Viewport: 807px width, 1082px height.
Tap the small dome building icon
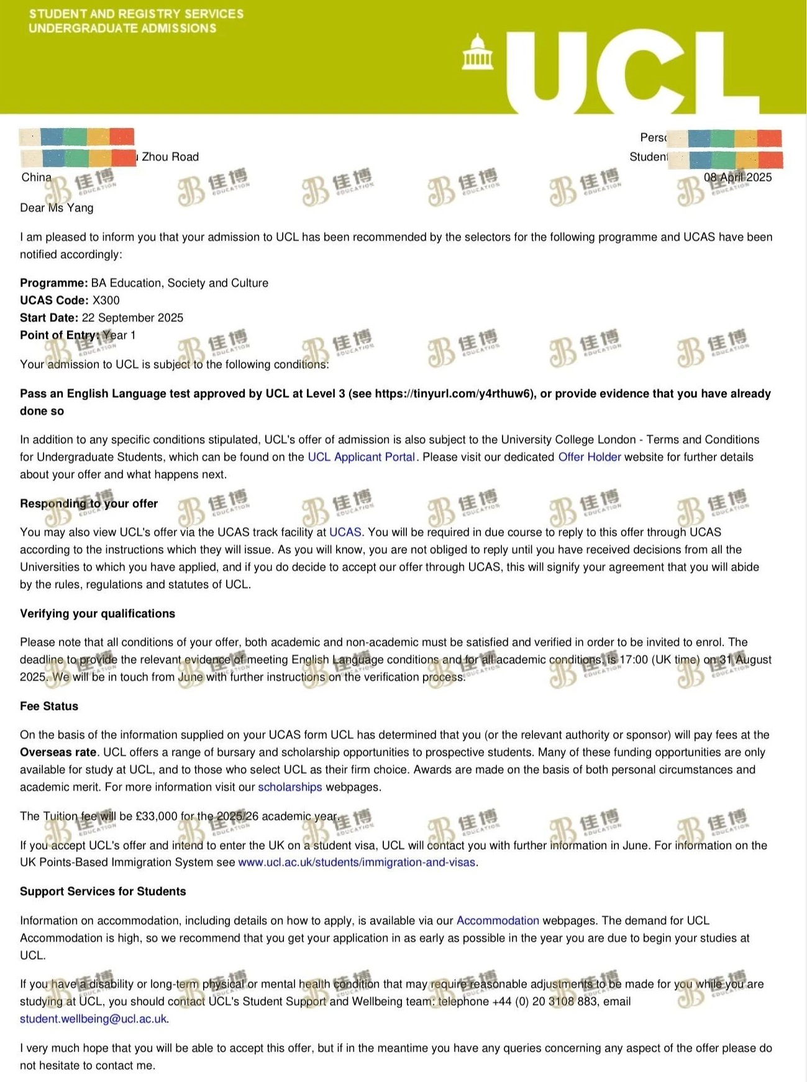(x=478, y=52)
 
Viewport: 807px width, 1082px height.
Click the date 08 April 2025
(x=737, y=177)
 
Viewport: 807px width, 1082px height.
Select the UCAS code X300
(x=106, y=300)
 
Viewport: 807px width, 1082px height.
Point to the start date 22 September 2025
(x=132, y=318)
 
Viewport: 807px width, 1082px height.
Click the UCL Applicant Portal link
(x=361, y=457)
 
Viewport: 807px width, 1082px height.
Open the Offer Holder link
(x=589, y=457)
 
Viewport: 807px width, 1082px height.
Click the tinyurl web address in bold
(x=454, y=393)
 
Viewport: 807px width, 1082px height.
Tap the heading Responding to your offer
(x=89, y=503)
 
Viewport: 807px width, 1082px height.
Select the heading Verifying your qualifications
(x=98, y=613)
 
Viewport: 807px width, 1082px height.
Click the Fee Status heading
(x=49, y=706)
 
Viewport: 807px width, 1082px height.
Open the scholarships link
(x=290, y=787)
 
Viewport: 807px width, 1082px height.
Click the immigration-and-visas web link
(x=357, y=862)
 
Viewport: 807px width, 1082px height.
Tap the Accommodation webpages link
(x=498, y=920)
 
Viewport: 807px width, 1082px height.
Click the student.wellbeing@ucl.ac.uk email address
(x=93, y=1019)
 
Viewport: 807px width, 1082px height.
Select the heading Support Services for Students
(x=103, y=891)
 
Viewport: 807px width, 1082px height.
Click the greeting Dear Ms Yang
(x=57, y=208)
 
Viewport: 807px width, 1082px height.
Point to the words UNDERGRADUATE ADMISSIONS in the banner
(x=122, y=28)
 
